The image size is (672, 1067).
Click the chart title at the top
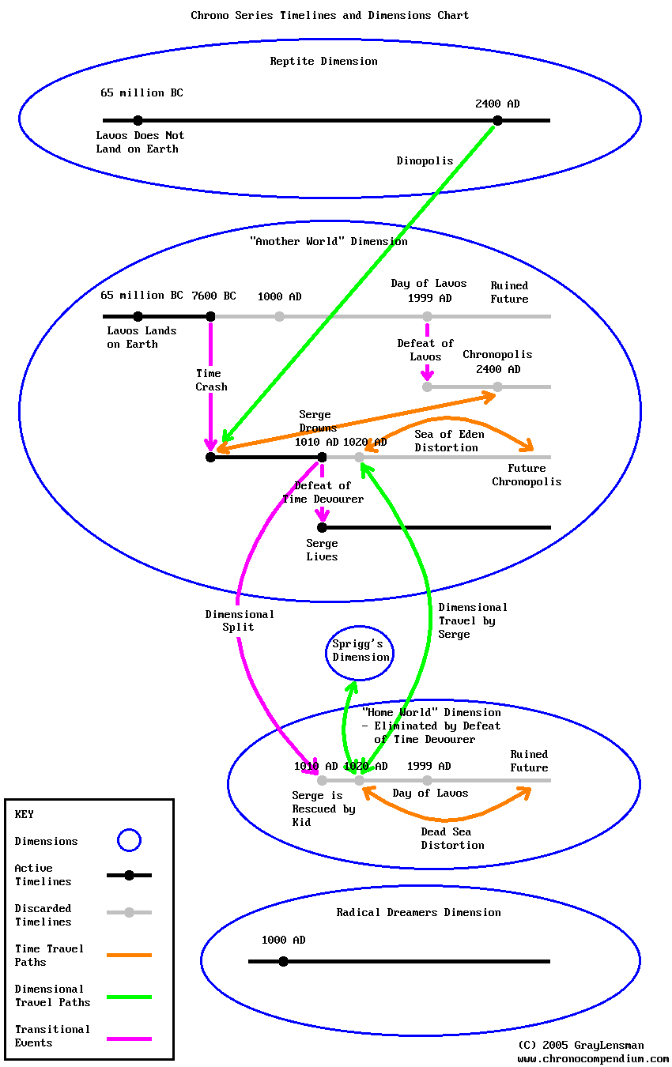[330, 15]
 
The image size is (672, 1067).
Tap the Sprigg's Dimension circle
[361, 650]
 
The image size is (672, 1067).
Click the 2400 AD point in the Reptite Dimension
[497, 120]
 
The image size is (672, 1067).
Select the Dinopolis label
[425, 160]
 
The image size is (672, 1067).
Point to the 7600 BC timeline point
[210, 316]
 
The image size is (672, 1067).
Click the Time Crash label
[211, 380]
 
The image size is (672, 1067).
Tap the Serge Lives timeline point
[322, 527]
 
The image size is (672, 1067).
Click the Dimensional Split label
[239, 620]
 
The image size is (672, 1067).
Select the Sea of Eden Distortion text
[449, 441]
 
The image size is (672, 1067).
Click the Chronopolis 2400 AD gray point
[497, 386]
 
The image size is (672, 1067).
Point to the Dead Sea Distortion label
[452, 838]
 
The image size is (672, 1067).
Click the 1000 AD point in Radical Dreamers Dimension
[283, 961]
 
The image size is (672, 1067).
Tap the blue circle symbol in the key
[129, 840]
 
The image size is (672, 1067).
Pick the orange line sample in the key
[129, 955]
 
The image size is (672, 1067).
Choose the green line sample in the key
[129, 996]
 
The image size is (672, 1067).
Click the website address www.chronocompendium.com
[593, 1058]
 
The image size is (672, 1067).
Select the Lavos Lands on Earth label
[142, 337]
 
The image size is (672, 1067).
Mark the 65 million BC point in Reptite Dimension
[138, 120]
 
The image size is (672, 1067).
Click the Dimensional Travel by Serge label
[472, 620]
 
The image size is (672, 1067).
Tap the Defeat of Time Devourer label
[323, 492]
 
